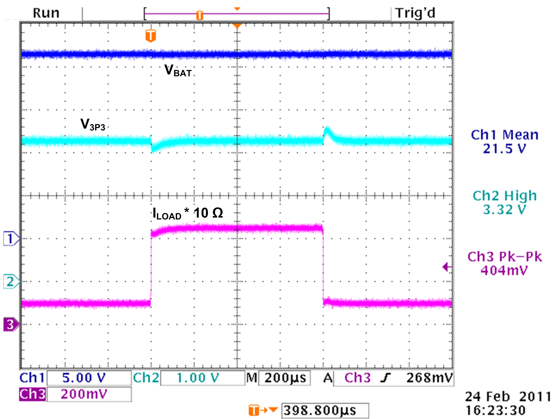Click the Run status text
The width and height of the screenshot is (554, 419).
tap(46, 13)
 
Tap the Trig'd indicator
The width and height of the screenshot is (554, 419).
tap(415, 13)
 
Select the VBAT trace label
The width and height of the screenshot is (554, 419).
tap(178, 70)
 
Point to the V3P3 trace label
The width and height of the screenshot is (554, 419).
tap(93, 124)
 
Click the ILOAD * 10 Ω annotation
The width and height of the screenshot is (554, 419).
tap(188, 214)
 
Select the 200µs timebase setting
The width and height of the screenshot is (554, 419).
tap(285, 378)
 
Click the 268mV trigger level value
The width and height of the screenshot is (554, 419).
tap(429, 378)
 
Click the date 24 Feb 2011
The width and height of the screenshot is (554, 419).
tap(507, 397)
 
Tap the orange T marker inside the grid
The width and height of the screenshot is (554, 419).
tap(151, 36)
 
